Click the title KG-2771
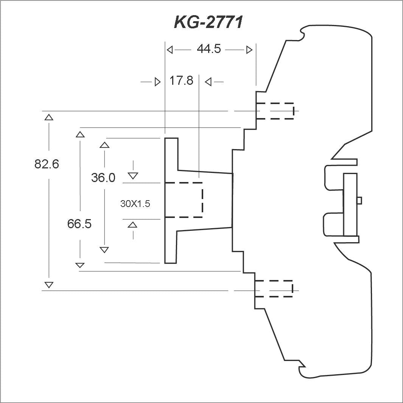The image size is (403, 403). point(208,22)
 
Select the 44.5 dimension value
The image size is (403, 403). point(209,48)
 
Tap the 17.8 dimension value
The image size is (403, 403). point(181,81)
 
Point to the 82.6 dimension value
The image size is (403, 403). point(47,164)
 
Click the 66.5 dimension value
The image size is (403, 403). point(79,224)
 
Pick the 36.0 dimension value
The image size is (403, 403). point(103,177)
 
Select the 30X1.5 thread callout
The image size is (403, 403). point(135,204)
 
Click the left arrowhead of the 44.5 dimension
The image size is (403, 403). point(170,50)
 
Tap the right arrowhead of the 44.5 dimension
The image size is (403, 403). point(249,50)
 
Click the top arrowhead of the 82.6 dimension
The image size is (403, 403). point(49,117)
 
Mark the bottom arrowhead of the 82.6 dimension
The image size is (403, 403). point(49,285)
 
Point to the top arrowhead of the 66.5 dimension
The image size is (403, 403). point(80,134)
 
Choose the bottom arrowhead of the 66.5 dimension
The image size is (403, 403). point(80,265)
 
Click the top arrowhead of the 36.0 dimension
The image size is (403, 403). point(104,145)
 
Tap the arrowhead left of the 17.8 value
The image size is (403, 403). point(157,82)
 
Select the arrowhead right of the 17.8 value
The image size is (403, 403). point(208,82)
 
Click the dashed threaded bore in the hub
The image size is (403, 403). point(184,200)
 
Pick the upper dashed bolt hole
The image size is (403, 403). point(275,111)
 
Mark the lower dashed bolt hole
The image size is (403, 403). point(274,289)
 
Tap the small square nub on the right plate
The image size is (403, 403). point(359,200)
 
